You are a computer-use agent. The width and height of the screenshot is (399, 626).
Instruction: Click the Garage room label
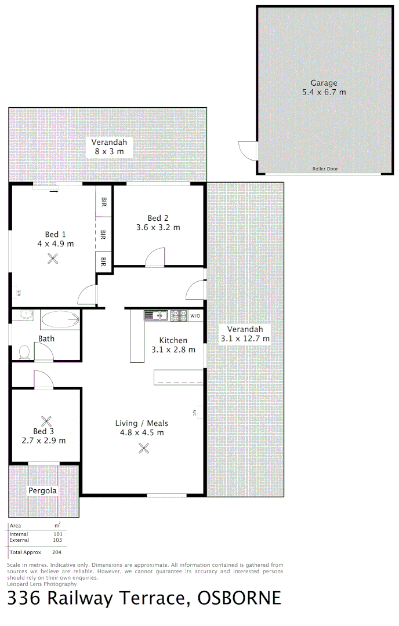[x=324, y=83]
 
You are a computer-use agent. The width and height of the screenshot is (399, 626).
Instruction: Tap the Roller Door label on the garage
[x=325, y=169]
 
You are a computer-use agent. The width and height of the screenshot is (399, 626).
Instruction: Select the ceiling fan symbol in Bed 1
[x=53, y=259]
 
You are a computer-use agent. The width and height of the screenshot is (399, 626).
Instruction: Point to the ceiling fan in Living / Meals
[x=144, y=447]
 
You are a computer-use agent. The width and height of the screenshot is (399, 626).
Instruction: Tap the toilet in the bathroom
[x=24, y=352]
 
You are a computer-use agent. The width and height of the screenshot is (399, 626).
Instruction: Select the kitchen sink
[x=157, y=315]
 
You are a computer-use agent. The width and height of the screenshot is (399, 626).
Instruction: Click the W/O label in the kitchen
[x=195, y=316]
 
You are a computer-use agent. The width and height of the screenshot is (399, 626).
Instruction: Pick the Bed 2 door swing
[x=155, y=257]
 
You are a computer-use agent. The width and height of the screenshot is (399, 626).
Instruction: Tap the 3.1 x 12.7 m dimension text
[x=245, y=339]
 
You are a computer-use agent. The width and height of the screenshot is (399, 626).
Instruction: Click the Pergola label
[x=43, y=491]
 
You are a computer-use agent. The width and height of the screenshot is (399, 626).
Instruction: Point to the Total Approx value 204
[x=57, y=552]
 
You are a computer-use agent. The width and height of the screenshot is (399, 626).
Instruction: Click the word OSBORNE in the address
[x=239, y=598]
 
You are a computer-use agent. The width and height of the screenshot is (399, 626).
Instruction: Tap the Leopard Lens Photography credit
[x=42, y=584]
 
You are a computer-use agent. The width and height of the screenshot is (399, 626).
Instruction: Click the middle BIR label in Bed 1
[x=103, y=235]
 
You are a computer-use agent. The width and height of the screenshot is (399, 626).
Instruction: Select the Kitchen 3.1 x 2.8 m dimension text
[x=173, y=350]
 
